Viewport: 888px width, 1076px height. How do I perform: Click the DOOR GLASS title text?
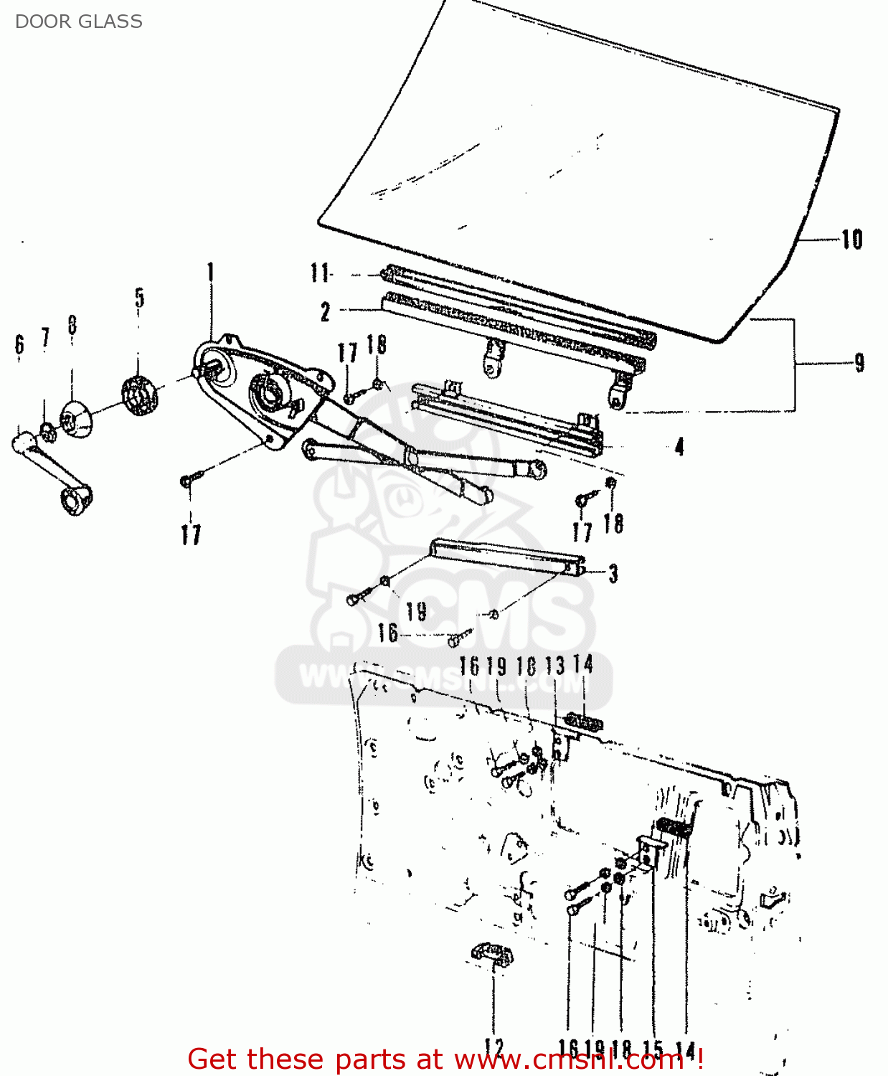(78, 22)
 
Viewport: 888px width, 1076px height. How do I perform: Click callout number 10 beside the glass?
(851, 239)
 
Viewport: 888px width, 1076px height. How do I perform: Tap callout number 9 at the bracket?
(859, 363)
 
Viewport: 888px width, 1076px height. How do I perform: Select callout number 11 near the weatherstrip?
(320, 273)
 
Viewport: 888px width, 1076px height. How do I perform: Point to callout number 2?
(325, 311)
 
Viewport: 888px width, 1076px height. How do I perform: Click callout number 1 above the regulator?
(210, 273)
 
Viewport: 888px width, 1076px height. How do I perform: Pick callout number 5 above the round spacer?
(139, 298)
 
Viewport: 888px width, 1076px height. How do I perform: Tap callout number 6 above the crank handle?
(19, 344)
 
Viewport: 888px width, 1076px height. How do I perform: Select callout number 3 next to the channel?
(613, 574)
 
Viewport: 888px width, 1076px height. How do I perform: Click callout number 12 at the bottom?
(494, 1048)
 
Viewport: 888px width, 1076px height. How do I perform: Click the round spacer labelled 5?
(139, 395)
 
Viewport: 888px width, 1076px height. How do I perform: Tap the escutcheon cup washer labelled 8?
(75, 420)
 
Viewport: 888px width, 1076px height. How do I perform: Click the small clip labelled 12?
(492, 955)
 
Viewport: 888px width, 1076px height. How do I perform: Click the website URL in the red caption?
(570, 1060)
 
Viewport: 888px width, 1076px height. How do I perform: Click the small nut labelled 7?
(47, 433)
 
